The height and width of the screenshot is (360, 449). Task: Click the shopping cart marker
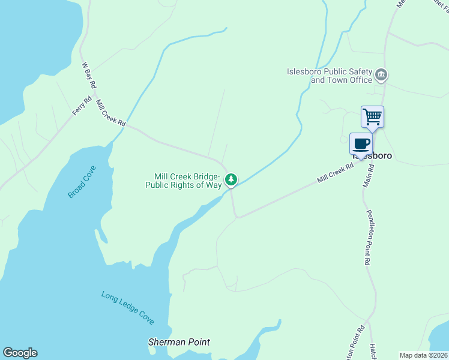pyautogui.click(x=372, y=116)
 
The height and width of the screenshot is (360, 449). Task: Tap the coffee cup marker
pyautogui.click(x=361, y=144)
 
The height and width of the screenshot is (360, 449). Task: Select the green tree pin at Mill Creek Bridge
pyautogui.click(x=231, y=179)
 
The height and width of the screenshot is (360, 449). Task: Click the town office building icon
pyautogui.click(x=381, y=76)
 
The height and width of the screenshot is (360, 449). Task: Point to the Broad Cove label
pyautogui.click(x=82, y=182)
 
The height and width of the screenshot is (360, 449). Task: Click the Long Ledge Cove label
pyautogui.click(x=127, y=308)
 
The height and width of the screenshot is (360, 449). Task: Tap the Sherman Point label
pyautogui.click(x=179, y=342)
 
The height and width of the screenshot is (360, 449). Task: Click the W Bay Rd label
pyautogui.click(x=89, y=76)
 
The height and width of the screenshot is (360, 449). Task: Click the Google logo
pyautogui.click(x=20, y=353)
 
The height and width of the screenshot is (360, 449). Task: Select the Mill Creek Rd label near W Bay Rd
pyautogui.click(x=110, y=113)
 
